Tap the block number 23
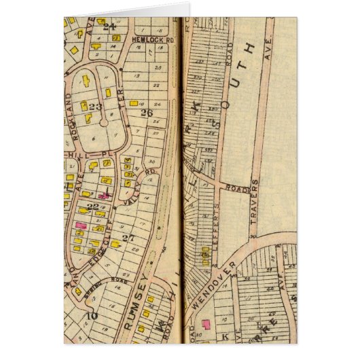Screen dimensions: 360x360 coord(94,107)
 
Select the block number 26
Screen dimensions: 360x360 coord(146,113)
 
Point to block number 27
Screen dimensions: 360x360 coord(127,237)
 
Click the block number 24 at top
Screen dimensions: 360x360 coord(111,27)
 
